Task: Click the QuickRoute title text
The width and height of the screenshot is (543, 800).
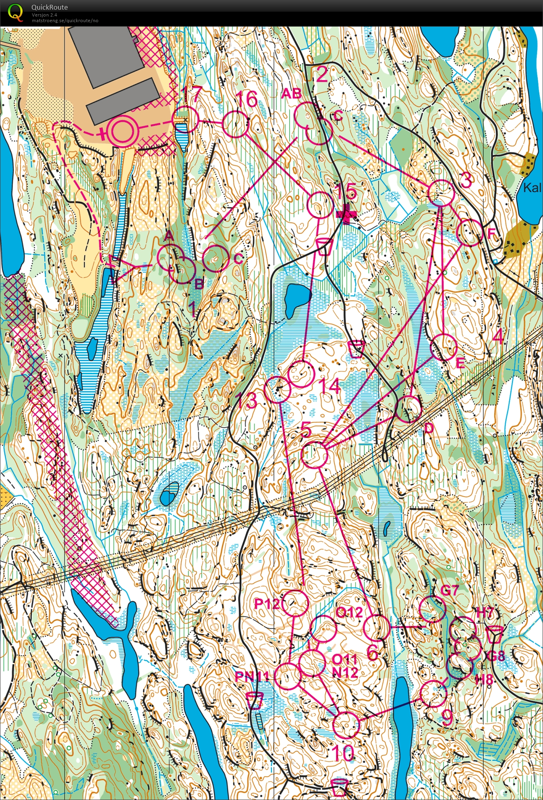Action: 50,7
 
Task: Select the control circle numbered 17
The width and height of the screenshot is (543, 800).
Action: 186,119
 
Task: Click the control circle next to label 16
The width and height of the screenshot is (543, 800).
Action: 236,125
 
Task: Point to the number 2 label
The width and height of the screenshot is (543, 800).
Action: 322,75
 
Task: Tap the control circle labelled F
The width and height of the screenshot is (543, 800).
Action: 470,233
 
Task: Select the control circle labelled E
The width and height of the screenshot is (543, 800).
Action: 444,347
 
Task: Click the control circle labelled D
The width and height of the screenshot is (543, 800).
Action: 409,409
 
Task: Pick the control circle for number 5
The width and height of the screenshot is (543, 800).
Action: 315,455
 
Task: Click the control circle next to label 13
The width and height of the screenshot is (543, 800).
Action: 277,390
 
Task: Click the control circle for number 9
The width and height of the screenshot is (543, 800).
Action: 433,693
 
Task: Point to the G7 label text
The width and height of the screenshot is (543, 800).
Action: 450,590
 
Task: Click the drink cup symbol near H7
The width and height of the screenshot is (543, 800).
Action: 494,635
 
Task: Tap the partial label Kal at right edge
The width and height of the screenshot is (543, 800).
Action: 532,188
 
